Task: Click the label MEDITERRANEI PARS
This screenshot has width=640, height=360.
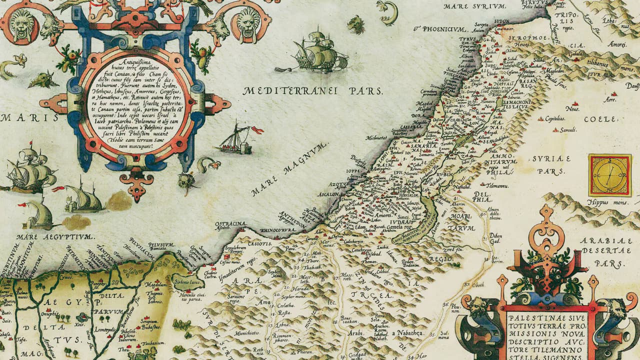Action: pyautogui.click(x=313, y=91)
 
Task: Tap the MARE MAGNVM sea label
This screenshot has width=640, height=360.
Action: pyautogui.click(x=290, y=169)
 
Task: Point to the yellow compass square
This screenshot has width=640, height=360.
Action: pyautogui.click(x=609, y=175)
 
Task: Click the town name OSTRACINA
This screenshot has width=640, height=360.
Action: pyautogui.click(x=230, y=224)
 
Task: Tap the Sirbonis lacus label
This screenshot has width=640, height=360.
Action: pyautogui.click(x=188, y=282)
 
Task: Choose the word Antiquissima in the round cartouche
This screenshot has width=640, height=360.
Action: pyautogui.click(x=130, y=62)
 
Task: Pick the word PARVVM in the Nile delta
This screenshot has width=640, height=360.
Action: pyautogui.click(x=111, y=311)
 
